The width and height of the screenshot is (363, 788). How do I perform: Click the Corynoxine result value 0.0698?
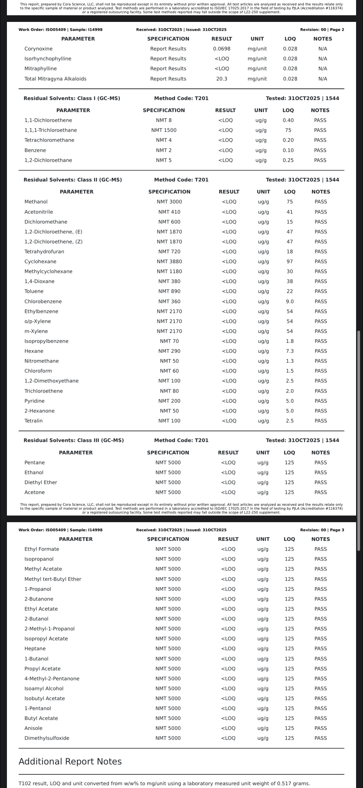(x=222, y=49)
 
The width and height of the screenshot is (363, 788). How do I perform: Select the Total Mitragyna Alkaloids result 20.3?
(x=222, y=79)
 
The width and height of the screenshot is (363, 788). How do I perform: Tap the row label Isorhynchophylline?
(x=48, y=59)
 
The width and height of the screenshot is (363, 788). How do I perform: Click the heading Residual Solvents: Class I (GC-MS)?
(x=72, y=98)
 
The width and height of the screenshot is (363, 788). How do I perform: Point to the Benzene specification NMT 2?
(x=164, y=150)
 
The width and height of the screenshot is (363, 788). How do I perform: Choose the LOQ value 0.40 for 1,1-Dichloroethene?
(x=288, y=120)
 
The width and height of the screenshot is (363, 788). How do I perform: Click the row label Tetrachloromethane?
(x=49, y=140)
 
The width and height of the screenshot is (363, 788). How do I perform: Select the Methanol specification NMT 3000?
(x=169, y=202)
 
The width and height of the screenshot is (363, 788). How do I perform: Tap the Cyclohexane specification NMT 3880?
(x=169, y=262)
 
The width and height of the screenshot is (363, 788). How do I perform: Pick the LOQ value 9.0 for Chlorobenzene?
(x=290, y=301)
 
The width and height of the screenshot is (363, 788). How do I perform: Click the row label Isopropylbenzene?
(x=46, y=341)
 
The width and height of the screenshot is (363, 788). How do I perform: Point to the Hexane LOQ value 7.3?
(x=290, y=351)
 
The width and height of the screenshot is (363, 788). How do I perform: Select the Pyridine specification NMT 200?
(x=169, y=401)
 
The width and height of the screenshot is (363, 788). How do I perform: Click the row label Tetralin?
(x=34, y=420)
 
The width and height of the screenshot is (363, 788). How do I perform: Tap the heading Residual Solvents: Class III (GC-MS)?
(x=74, y=440)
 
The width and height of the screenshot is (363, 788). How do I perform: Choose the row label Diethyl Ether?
(x=41, y=482)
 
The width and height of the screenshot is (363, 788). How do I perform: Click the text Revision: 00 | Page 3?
(x=322, y=530)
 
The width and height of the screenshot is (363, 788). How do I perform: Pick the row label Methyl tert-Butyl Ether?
(x=53, y=579)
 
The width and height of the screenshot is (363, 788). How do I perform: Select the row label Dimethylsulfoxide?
(x=47, y=738)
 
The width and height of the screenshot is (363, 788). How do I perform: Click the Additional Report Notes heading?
(x=70, y=762)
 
